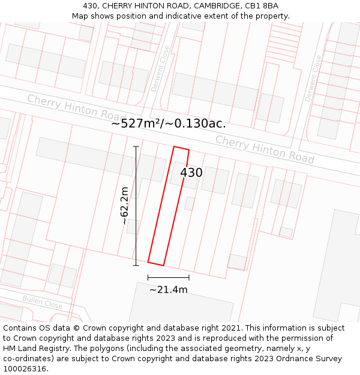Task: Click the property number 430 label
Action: click(x=191, y=173)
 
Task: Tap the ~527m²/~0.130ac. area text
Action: click(x=169, y=124)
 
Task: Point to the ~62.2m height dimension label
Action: click(x=124, y=206)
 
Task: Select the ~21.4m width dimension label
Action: click(x=169, y=290)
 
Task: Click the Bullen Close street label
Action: click(x=42, y=301)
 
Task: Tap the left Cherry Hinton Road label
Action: click(x=76, y=108)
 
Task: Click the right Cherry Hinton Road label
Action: click(x=265, y=149)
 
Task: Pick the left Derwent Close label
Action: click(x=160, y=68)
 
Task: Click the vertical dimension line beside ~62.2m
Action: click(x=136, y=204)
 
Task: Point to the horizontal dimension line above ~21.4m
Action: click(x=169, y=277)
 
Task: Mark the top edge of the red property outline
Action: click(x=181, y=148)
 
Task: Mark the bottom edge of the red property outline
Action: click(x=155, y=263)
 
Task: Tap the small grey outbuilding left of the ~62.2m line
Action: click(x=132, y=226)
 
